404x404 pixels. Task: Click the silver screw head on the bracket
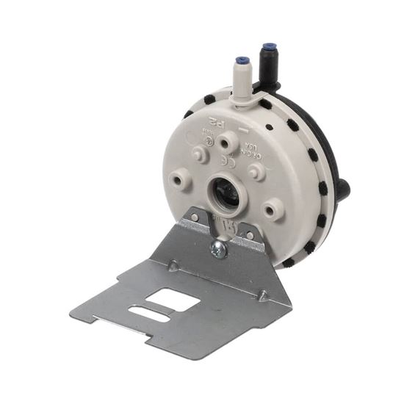pos(219,250)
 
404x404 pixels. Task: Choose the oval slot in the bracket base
pos(145,313)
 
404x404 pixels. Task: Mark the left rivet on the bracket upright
pos(193,218)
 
